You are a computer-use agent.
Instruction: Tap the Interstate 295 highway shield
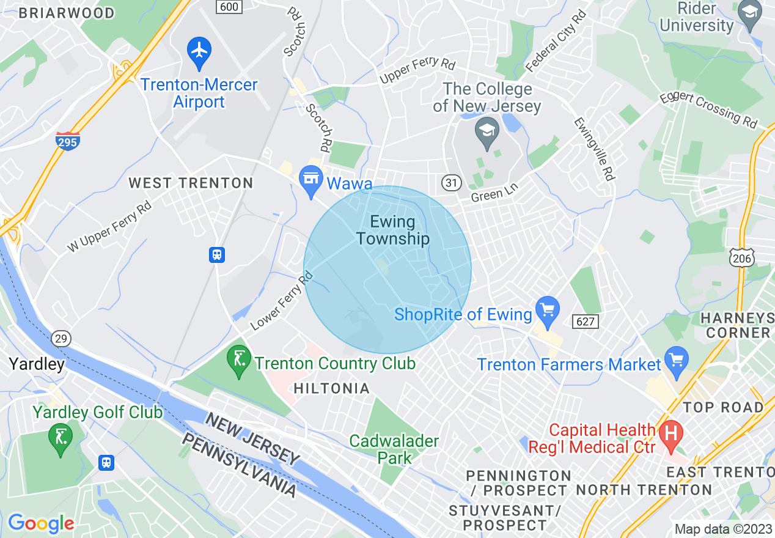[67, 141]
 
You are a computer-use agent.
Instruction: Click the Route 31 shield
[451, 182]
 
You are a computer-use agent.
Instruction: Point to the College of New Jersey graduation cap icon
[487, 132]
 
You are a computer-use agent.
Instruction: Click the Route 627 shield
[586, 320]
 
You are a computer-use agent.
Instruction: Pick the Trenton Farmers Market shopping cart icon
[677, 360]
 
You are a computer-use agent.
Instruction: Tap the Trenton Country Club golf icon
[238, 359]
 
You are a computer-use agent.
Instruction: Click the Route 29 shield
[61, 338]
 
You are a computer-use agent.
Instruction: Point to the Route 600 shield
[229, 6]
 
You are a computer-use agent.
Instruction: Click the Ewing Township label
[392, 230]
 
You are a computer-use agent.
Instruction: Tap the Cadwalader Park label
[394, 449]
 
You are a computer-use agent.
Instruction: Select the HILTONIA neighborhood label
[332, 388]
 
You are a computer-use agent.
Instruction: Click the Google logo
[41, 523]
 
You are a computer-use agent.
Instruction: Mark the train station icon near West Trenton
[216, 254]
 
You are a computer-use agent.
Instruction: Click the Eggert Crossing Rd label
[708, 110]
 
